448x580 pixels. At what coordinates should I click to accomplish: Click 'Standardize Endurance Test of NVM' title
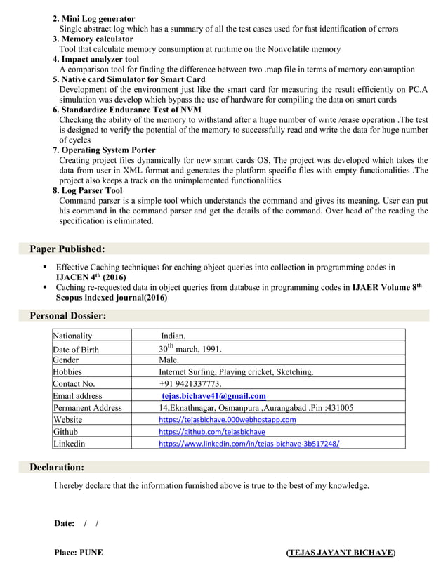click(x=126, y=110)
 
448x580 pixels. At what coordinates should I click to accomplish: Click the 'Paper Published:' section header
click(x=67, y=249)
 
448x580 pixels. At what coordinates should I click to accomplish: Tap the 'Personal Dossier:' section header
click(x=68, y=317)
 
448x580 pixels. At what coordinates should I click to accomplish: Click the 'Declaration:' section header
click(x=57, y=467)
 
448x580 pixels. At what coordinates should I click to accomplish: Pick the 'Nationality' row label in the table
click(x=72, y=336)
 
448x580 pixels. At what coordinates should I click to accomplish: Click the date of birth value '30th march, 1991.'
click(x=190, y=348)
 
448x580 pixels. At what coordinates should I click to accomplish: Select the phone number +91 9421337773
click(x=190, y=384)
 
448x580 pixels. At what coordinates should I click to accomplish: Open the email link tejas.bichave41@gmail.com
click(x=213, y=396)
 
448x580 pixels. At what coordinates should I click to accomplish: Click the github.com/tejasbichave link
click(x=211, y=432)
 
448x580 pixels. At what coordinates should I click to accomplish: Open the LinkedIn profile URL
click(x=249, y=444)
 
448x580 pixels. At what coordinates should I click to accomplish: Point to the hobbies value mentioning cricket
click(x=236, y=372)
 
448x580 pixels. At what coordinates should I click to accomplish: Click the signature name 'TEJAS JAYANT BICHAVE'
click(x=341, y=553)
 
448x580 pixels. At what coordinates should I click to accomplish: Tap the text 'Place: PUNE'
click(x=79, y=553)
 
